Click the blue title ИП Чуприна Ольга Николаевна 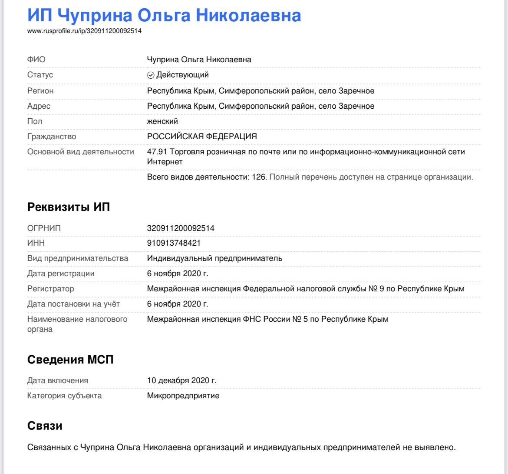[164, 15]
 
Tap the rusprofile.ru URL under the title [84, 31]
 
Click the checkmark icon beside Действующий [151, 75]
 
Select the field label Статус [40, 75]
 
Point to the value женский [162, 121]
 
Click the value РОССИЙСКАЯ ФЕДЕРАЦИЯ [202, 137]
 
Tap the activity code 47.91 [157, 152]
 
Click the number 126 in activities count [259, 177]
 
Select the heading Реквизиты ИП [69, 207]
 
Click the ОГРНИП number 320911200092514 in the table [181, 228]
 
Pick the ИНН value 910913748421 [174, 243]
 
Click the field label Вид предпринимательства [78, 258]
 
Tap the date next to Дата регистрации [178, 274]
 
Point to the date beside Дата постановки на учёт [178, 304]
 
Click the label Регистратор [50, 289]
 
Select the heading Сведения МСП [70, 360]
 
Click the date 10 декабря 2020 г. [182, 381]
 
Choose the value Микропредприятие [183, 396]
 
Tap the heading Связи [45, 425]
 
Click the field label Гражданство [52, 137]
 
